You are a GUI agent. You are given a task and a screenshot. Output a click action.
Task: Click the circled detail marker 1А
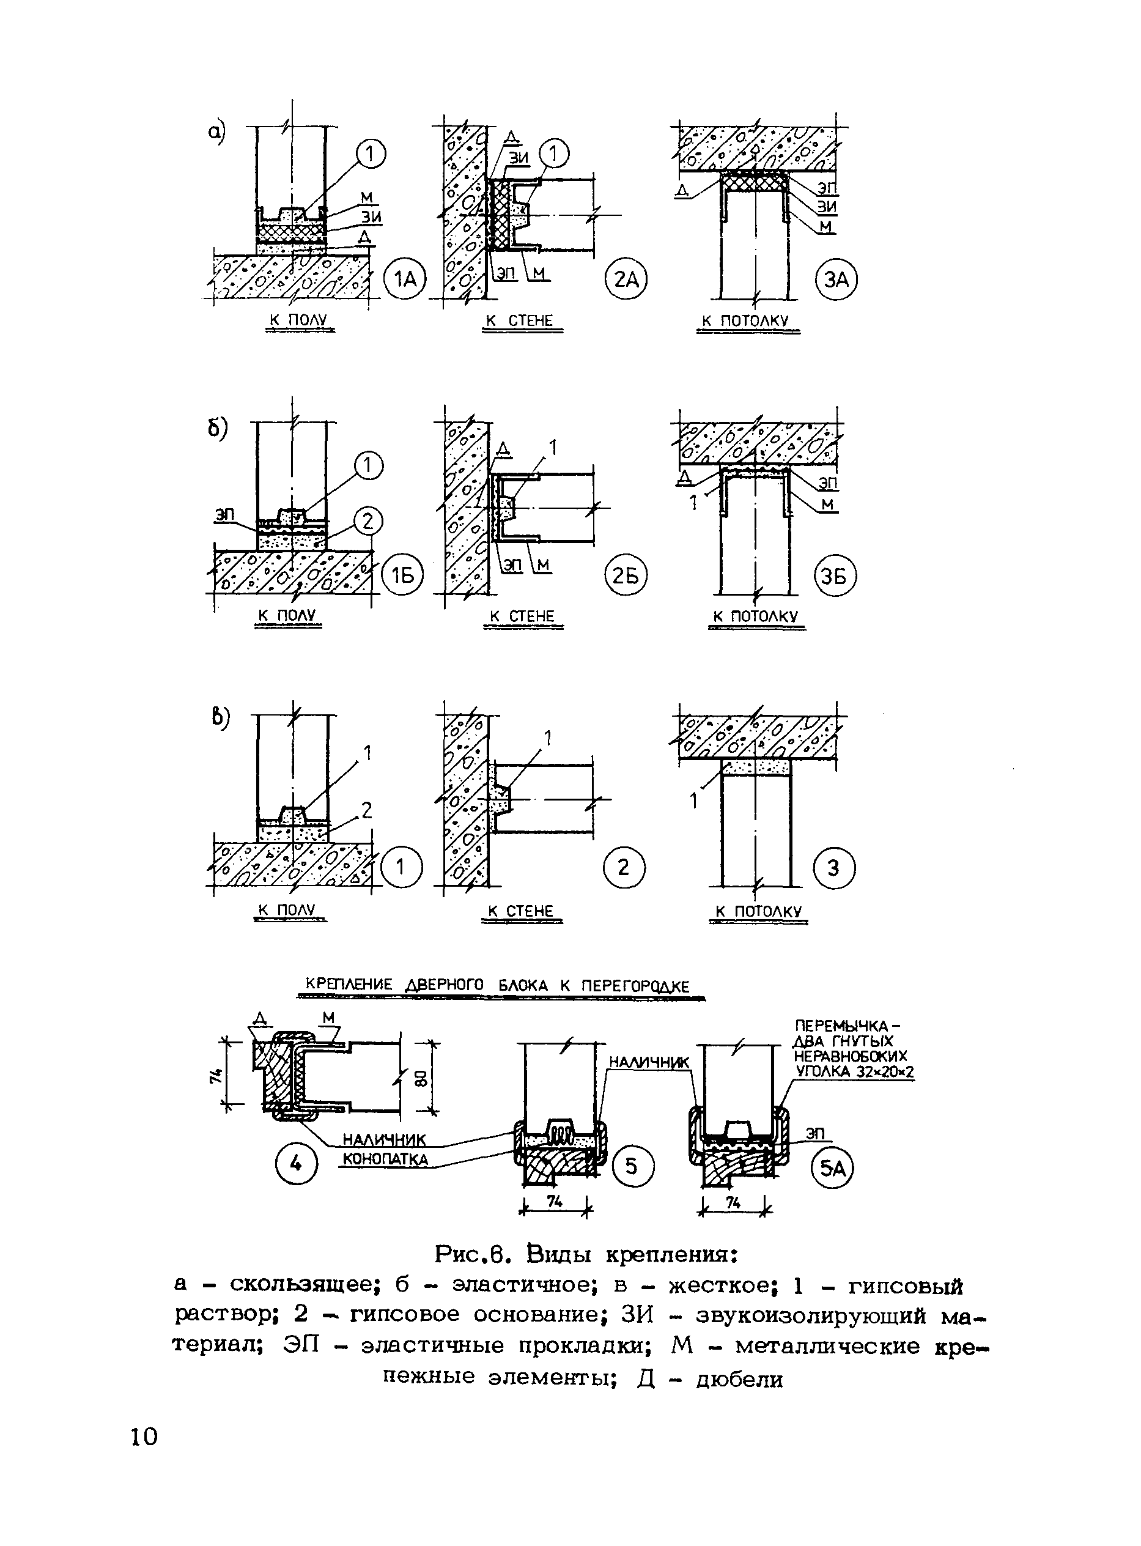405,279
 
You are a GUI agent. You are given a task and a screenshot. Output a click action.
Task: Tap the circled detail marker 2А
626,279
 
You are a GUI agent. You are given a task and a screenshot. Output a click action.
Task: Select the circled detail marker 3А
836,279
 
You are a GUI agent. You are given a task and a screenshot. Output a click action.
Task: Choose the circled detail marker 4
297,1164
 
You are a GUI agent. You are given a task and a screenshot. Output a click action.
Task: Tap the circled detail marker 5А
832,1167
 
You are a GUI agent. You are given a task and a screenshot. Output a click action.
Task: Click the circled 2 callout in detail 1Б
367,522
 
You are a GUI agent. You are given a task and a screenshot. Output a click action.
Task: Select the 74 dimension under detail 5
554,1202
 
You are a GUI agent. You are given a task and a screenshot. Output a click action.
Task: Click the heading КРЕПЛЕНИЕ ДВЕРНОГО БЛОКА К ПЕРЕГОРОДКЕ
497,986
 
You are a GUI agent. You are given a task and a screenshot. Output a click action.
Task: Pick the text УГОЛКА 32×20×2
854,1072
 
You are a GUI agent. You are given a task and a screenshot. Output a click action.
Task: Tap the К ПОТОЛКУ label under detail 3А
745,321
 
